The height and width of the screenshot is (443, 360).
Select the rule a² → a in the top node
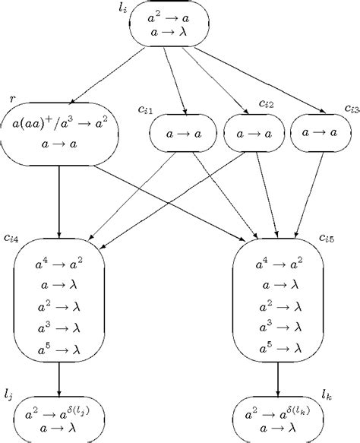(172, 14)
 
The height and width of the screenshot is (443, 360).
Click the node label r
(12, 100)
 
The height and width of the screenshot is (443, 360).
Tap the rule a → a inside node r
(58, 143)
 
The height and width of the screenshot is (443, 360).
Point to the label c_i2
(267, 103)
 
